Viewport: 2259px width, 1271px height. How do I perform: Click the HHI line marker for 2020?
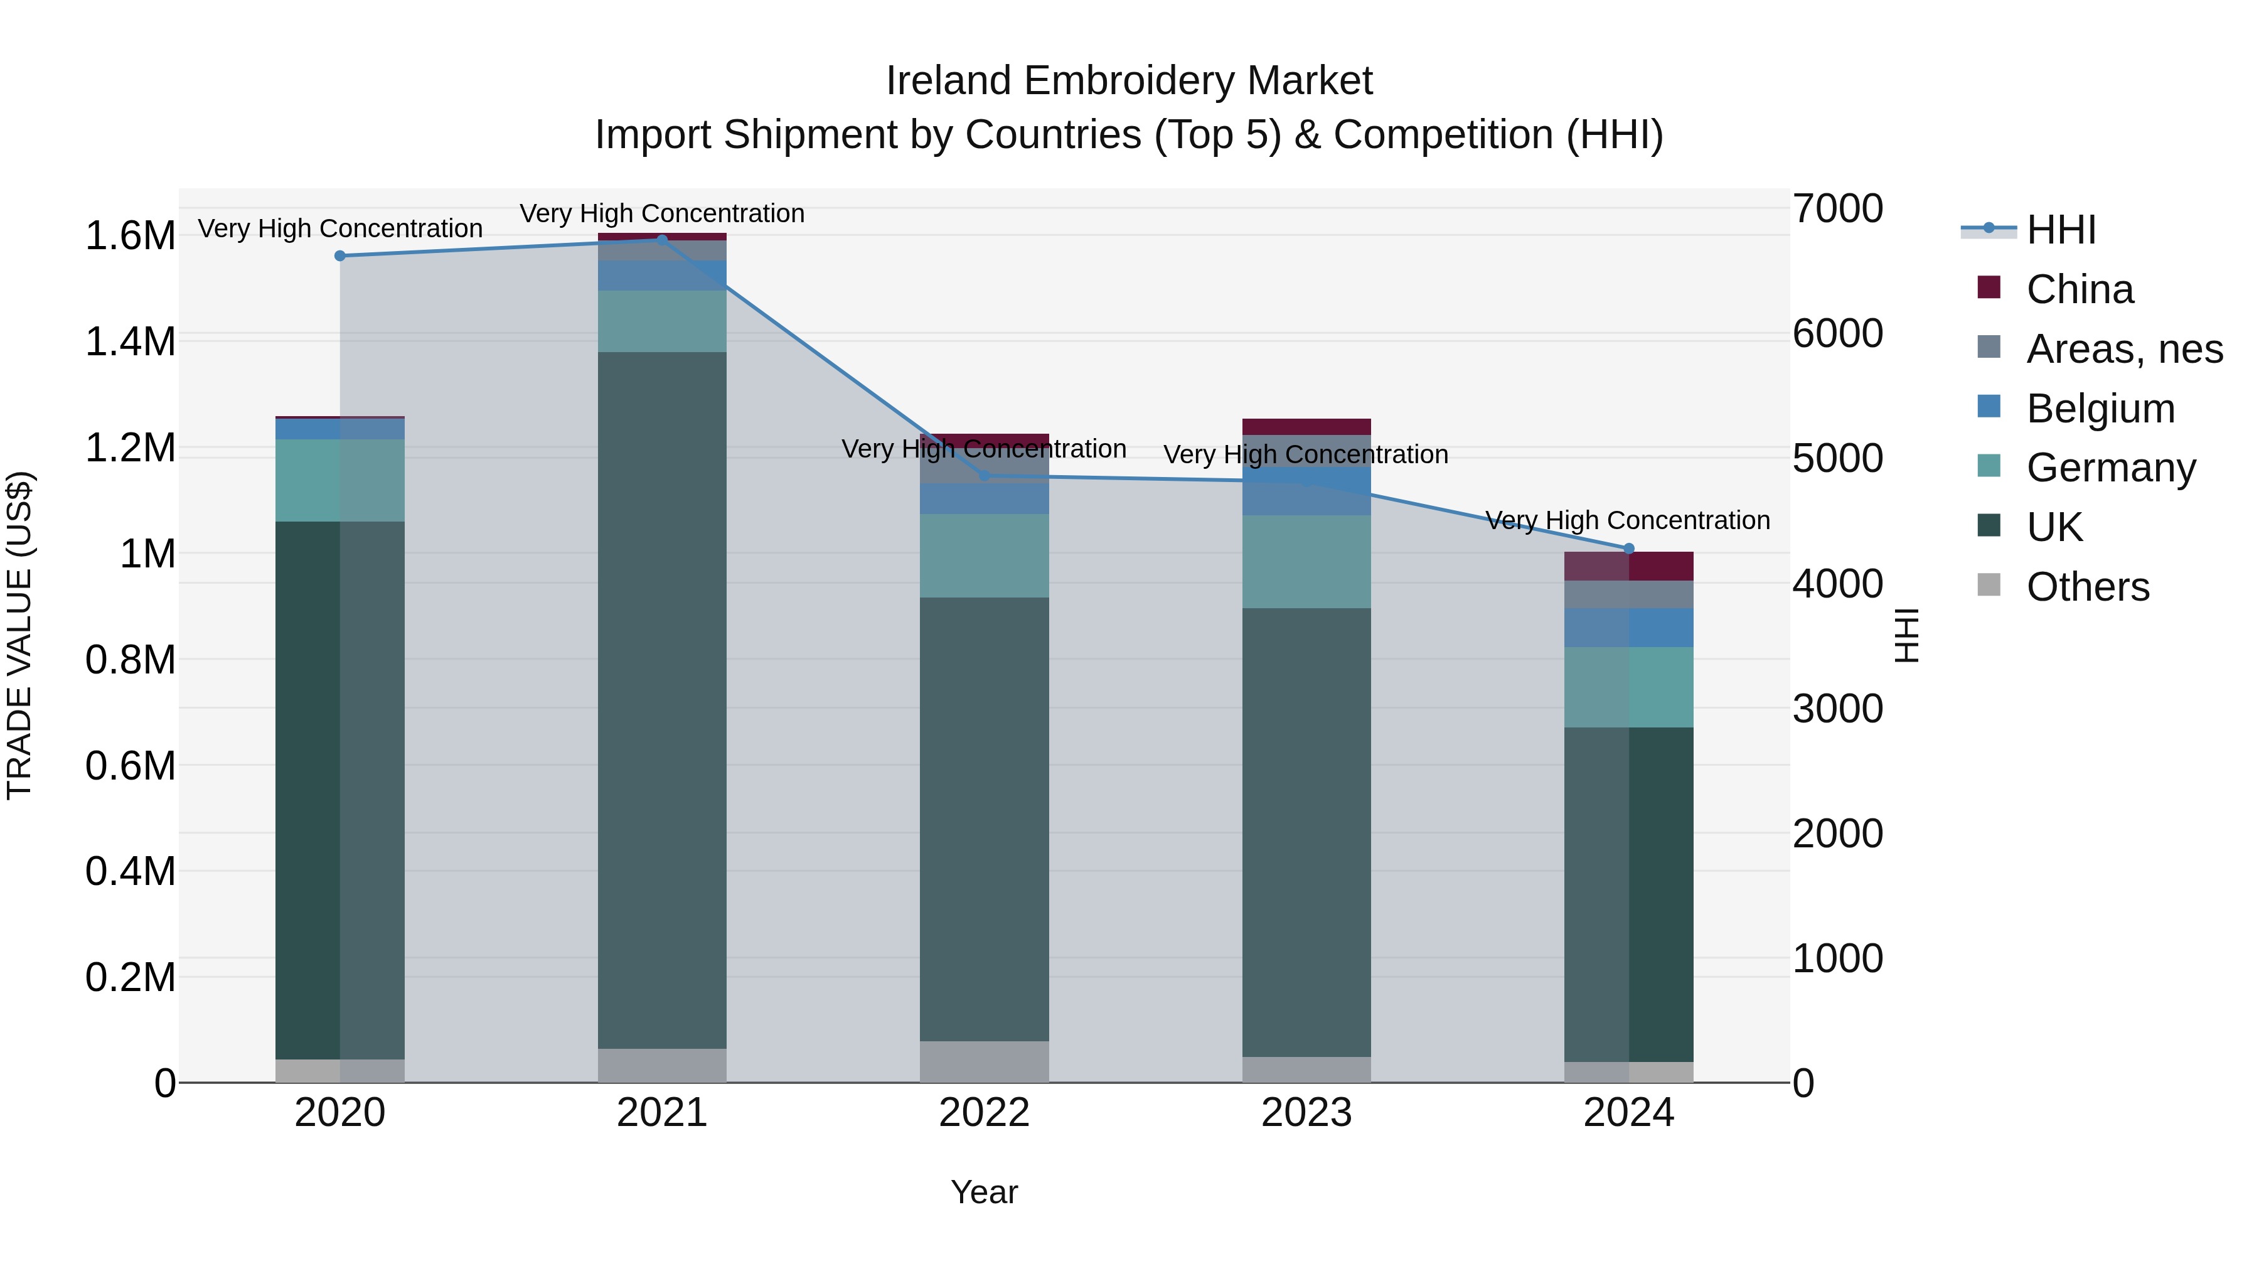pos(340,256)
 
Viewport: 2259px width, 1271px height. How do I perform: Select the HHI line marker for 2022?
pos(984,475)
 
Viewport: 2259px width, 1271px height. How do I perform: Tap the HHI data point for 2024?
pos(1628,548)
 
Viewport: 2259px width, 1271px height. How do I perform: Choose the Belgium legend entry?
pos(2100,409)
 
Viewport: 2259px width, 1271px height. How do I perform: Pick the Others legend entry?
pos(2087,587)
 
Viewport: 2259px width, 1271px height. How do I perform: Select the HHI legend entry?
pos(2061,230)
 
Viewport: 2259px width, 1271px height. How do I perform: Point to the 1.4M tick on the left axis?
pos(130,342)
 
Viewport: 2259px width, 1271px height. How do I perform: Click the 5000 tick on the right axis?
pos(1837,459)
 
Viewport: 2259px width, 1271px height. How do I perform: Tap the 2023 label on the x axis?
pos(1306,1113)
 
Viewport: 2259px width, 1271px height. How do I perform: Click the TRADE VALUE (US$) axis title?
pos(19,635)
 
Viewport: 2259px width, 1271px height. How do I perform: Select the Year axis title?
pos(984,1192)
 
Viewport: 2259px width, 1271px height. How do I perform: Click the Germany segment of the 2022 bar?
pos(984,555)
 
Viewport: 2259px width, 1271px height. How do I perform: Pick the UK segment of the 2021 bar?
pos(662,700)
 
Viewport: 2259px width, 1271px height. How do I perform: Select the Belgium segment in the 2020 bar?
pos(340,429)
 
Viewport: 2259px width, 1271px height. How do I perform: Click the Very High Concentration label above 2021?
pos(662,213)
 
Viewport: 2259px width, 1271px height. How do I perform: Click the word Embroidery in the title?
pos(1129,81)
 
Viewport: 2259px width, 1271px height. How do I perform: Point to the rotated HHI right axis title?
pos(1906,635)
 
